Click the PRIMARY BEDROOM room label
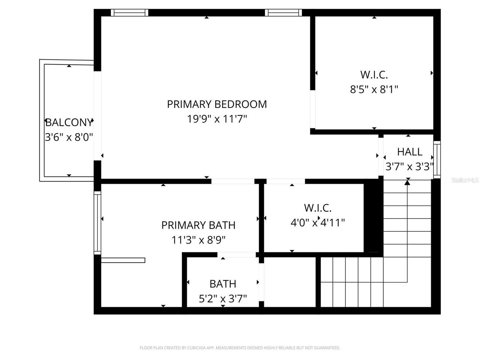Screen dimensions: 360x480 pos(217,104)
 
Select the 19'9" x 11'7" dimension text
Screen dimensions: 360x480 pos(217,119)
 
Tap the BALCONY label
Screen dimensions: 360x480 pos(69,122)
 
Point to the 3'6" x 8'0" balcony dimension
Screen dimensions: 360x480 pos(69,137)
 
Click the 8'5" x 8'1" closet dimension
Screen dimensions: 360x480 pos(374,89)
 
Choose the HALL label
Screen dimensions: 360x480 pos(409,152)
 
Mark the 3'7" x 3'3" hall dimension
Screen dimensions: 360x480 pos(409,166)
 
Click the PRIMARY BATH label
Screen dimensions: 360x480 pos(198,225)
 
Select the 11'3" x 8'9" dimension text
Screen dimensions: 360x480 pos(198,240)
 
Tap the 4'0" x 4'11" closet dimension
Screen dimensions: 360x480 pos(318,223)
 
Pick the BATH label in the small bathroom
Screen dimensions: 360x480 pos(223,284)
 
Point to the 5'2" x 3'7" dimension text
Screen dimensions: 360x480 pos(223,298)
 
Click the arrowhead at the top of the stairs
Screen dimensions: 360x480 pos(407,183)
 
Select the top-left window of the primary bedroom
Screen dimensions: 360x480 pos(129,13)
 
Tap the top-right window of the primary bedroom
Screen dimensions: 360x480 pos(283,13)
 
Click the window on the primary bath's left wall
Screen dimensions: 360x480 pos(97,223)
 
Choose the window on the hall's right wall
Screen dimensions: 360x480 pos(437,159)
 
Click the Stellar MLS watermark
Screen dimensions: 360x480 pos(465,180)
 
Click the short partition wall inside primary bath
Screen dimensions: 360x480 pos(123,260)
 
